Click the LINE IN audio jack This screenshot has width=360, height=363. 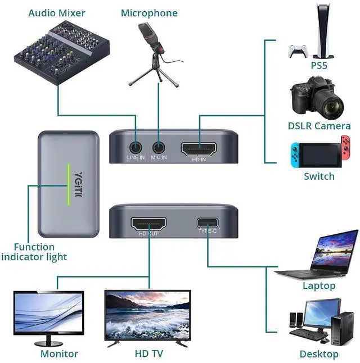[136, 147]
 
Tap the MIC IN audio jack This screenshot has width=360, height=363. [159, 147]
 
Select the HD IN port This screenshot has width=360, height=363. [199, 149]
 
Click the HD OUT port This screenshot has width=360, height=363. [148, 224]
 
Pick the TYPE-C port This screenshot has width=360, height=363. [208, 223]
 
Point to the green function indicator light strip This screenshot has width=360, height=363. [69, 184]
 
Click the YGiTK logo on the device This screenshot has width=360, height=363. [79, 184]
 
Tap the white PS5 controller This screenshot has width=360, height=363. [298, 51]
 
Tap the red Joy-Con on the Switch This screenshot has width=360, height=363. [345, 148]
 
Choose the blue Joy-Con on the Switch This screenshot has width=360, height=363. [295, 155]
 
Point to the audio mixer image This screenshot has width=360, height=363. [62, 52]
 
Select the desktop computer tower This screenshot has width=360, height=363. [343, 328]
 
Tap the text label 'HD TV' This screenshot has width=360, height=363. [149, 353]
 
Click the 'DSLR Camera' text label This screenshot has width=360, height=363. [319, 126]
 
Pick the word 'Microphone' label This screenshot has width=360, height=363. [149, 13]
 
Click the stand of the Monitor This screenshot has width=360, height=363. [48, 341]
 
